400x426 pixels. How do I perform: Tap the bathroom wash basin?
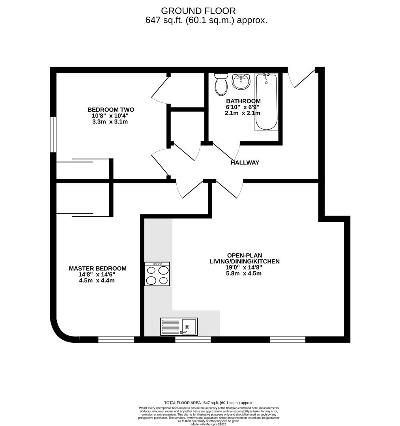click(241, 82)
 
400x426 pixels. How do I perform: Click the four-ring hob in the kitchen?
click(157, 274)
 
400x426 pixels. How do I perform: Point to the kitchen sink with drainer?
click(179, 327)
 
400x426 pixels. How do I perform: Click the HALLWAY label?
click(245, 163)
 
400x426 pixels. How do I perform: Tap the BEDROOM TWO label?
click(111, 110)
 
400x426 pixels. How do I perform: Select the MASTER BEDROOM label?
click(98, 269)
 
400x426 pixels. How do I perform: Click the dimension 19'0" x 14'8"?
click(244, 267)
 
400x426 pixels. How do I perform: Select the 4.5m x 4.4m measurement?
click(97, 280)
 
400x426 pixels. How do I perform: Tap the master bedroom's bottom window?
click(116, 339)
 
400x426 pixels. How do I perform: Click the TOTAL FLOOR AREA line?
click(209, 403)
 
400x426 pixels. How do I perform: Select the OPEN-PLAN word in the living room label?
click(244, 255)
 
